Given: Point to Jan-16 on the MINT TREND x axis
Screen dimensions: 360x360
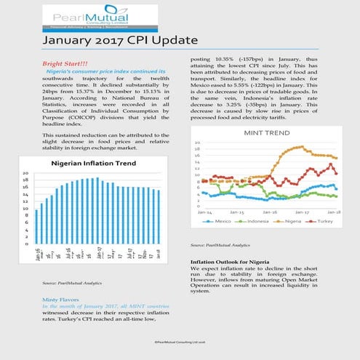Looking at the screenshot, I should pyautogui.click(x=270, y=211).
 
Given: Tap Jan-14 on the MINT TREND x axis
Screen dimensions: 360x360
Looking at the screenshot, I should pyautogui.click(x=207, y=211).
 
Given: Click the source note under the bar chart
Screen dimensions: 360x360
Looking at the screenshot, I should pyautogui.click(x=71, y=281).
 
